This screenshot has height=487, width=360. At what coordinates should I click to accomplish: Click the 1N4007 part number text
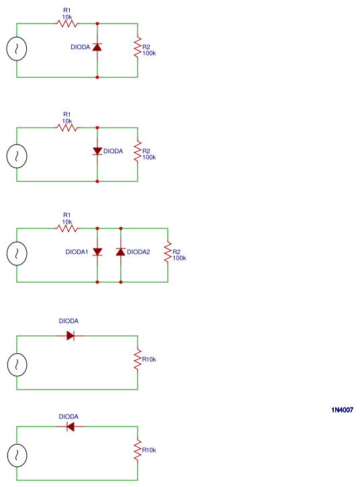(x=342, y=410)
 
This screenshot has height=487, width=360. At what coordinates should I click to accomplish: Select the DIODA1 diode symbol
(x=97, y=252)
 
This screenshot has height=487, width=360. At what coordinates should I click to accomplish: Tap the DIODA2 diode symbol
(x=121, y=252)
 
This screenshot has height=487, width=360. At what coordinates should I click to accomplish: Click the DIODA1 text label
(x=77, y=253)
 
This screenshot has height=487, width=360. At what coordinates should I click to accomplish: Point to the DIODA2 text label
(x=138, y=253)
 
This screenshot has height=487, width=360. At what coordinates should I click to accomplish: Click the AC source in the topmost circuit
(x=17, y=50)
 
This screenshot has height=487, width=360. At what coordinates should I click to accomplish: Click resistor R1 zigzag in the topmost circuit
(x=67, y=24)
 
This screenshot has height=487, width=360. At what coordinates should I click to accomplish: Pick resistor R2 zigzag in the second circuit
(x=138, y=152)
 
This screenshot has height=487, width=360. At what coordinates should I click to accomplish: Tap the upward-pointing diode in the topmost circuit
(x=97, y=47)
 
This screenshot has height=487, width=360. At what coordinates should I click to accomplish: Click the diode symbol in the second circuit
(x=97, y=151)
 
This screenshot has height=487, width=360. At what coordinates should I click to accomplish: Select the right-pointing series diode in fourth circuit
(x=71, y=335)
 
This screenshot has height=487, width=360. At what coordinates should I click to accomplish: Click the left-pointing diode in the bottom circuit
(x=71, y=427)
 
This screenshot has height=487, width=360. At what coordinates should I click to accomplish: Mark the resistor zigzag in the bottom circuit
(x=138, y=451)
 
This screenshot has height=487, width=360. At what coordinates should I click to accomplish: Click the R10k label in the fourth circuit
(x=149, y=360)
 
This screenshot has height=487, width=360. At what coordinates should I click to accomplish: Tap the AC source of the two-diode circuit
(x=17, y=253)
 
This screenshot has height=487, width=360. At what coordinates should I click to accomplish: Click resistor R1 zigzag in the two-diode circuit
(x=67, y=228)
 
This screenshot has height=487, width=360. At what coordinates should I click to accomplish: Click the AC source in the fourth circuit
(x=17, y=365)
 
